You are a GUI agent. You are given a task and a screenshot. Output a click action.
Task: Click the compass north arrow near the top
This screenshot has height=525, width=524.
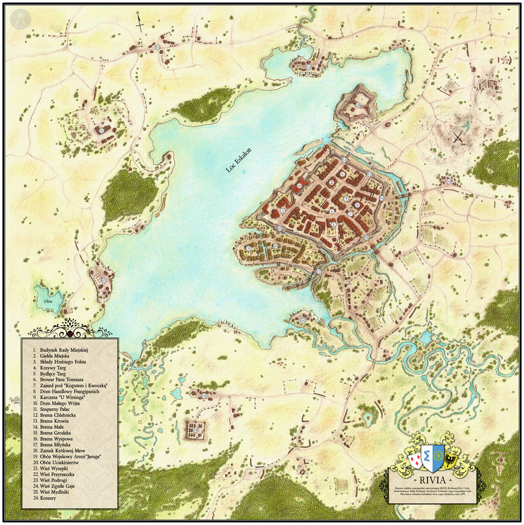pyautogui.click(x=140, y=22)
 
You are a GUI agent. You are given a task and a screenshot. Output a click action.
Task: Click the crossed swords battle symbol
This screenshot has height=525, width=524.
pyautogui.click(x=458, y=138)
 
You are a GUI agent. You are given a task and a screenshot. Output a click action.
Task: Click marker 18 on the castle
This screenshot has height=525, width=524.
pyautogui.click(x=358, y=106)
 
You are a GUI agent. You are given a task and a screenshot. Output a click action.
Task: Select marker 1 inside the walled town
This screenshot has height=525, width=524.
pyautogui.click(x=334, y=224)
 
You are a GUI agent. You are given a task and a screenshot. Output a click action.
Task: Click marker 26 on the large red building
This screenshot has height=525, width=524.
pyautogui.click(x=299, y=185)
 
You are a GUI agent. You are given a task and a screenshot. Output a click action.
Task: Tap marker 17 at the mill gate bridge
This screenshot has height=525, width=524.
pyautogui.click(x=319, y=272)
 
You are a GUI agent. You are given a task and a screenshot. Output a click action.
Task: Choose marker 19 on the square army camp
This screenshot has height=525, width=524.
pyautogui.click(x=195, y=430)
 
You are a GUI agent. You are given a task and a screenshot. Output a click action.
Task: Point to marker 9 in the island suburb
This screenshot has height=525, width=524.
pyautogui.click(x=249, y=249)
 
